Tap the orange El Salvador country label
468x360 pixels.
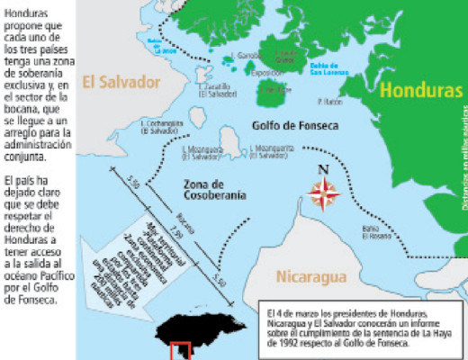[x=121, y=82]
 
